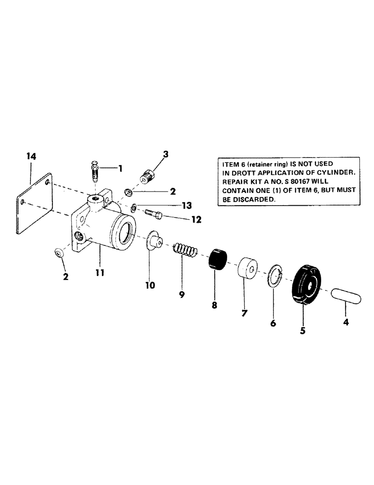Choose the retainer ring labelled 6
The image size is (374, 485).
tap(275, 279)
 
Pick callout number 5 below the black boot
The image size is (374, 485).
tap(303, 331)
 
